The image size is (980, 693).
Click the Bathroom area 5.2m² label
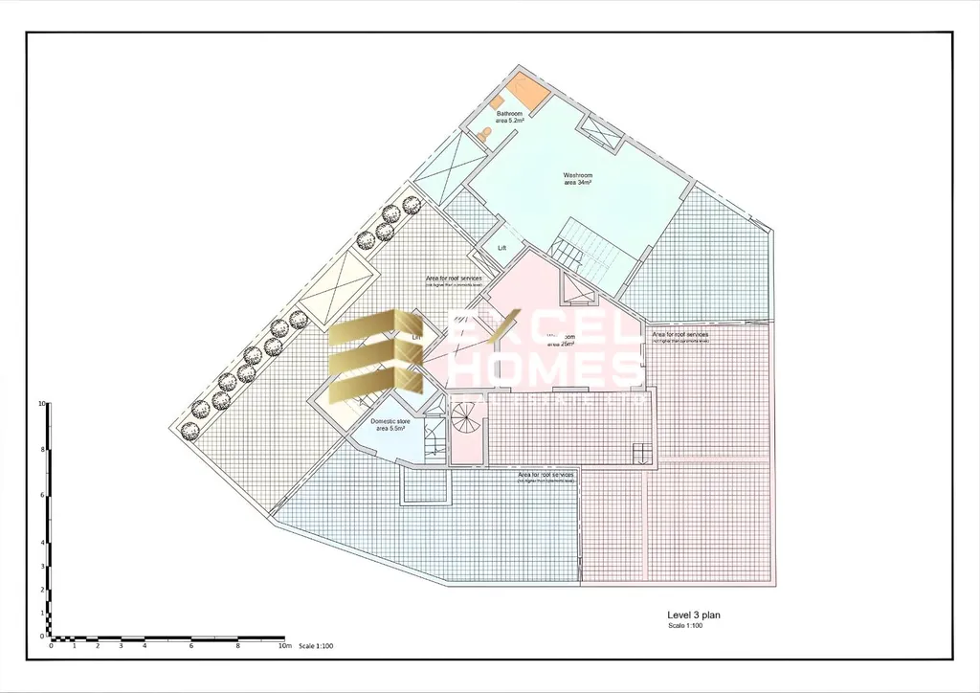pos(509,117)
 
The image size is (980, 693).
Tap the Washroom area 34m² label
pos(577,179)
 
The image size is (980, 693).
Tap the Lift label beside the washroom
pos(501,248)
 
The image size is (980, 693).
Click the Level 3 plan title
pos(694,615)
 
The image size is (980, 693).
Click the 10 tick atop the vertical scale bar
pos(42,404)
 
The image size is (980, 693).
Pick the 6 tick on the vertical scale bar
pos(42,495)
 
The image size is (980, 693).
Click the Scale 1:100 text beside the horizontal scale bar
pos(316,647)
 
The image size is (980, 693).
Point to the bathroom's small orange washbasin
pos(498,100)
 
